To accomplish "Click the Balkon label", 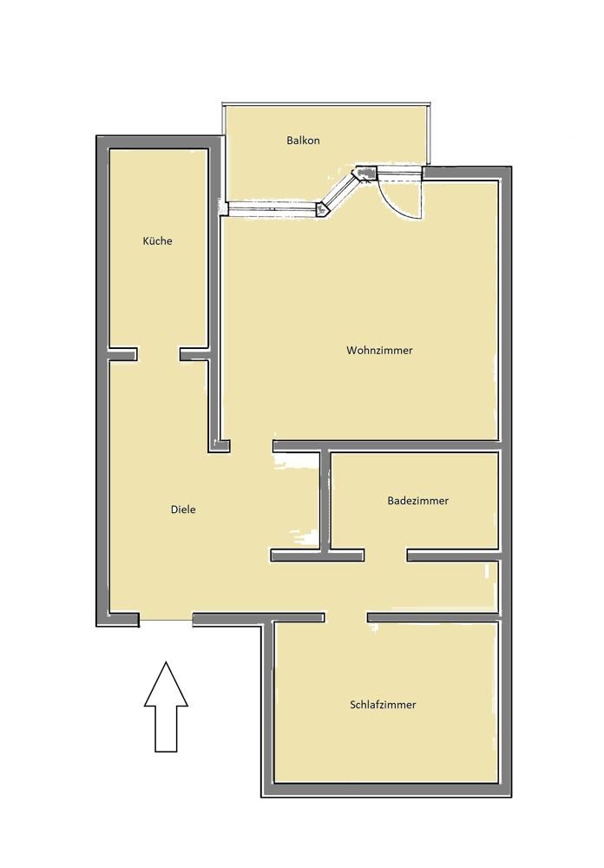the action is pos(303,141).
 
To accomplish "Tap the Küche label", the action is pos(157,240).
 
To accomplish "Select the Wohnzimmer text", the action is pos(379,351).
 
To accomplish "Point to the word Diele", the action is pos(183,510).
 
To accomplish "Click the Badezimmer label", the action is pos(418,501).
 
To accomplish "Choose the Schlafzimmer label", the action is pos(383,705).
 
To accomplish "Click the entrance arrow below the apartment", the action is pos(166,707).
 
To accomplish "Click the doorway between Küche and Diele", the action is pos(158,354).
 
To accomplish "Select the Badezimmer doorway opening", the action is pos(386,556).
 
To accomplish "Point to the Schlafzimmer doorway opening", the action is pos(346,616).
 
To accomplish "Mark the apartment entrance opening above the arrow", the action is pos(166,620).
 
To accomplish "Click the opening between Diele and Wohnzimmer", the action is pos(252,446).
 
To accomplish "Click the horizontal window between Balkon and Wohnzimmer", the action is pos(273,208).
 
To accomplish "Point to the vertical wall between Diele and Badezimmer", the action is pos(325,501).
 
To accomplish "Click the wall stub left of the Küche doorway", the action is pos(123,354).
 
